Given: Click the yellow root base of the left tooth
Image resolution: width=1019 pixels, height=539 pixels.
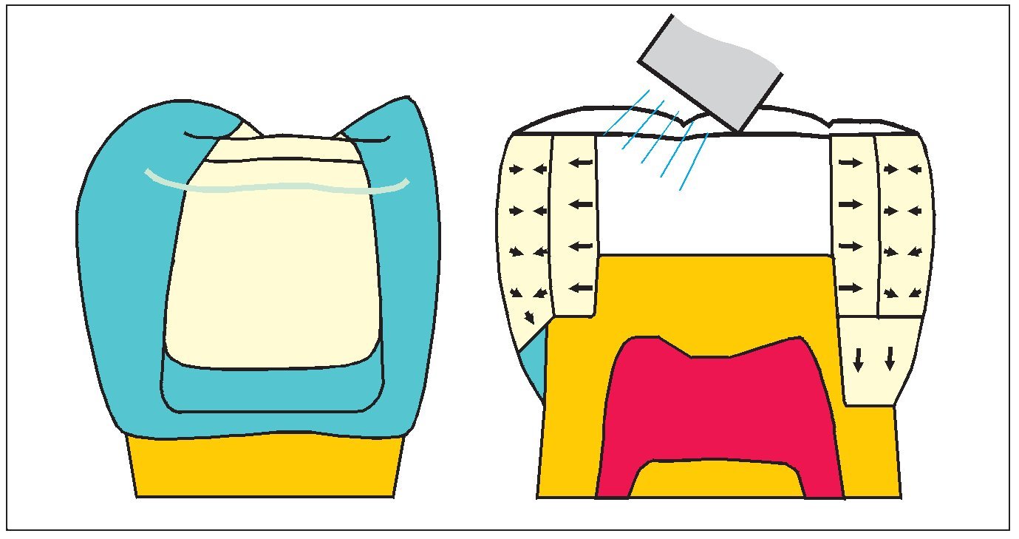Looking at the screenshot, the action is [x=266, y=466].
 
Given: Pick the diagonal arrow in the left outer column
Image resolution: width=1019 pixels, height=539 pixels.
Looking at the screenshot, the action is [x=529, y=317].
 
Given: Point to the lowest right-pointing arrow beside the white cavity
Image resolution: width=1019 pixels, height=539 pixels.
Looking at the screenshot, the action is [x=851, y=287].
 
